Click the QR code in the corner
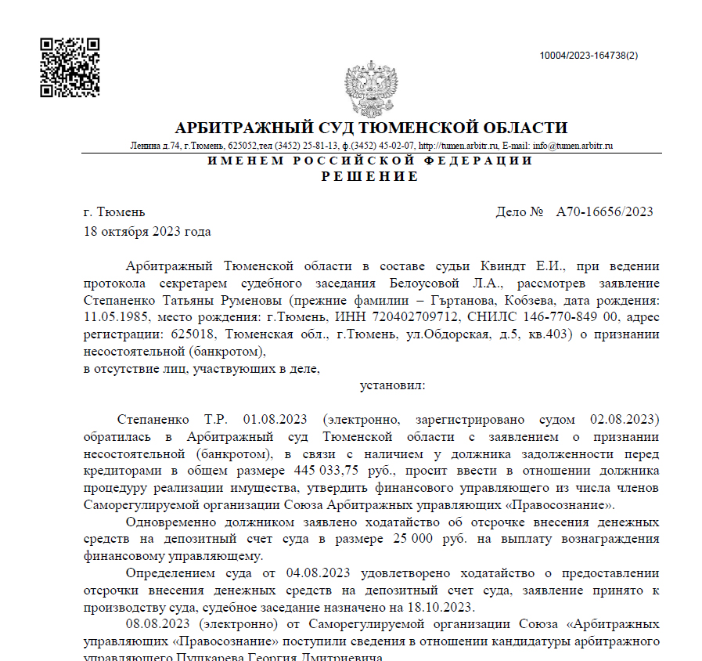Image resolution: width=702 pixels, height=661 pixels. [x=70, y=67]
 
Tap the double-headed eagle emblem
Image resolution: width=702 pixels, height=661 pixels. [x=371, y=88]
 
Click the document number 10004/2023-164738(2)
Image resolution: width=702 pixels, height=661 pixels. [x=589, y=56]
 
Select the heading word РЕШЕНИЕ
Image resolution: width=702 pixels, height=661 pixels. [x=370, y=177]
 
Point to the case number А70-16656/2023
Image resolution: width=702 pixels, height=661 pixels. [x=604, y=212]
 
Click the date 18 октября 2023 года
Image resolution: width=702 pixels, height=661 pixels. [x=147, y=231]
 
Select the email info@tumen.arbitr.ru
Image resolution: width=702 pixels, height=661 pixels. [x=573, y=146]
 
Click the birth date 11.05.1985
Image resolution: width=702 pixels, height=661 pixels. [x=116, y=317]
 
